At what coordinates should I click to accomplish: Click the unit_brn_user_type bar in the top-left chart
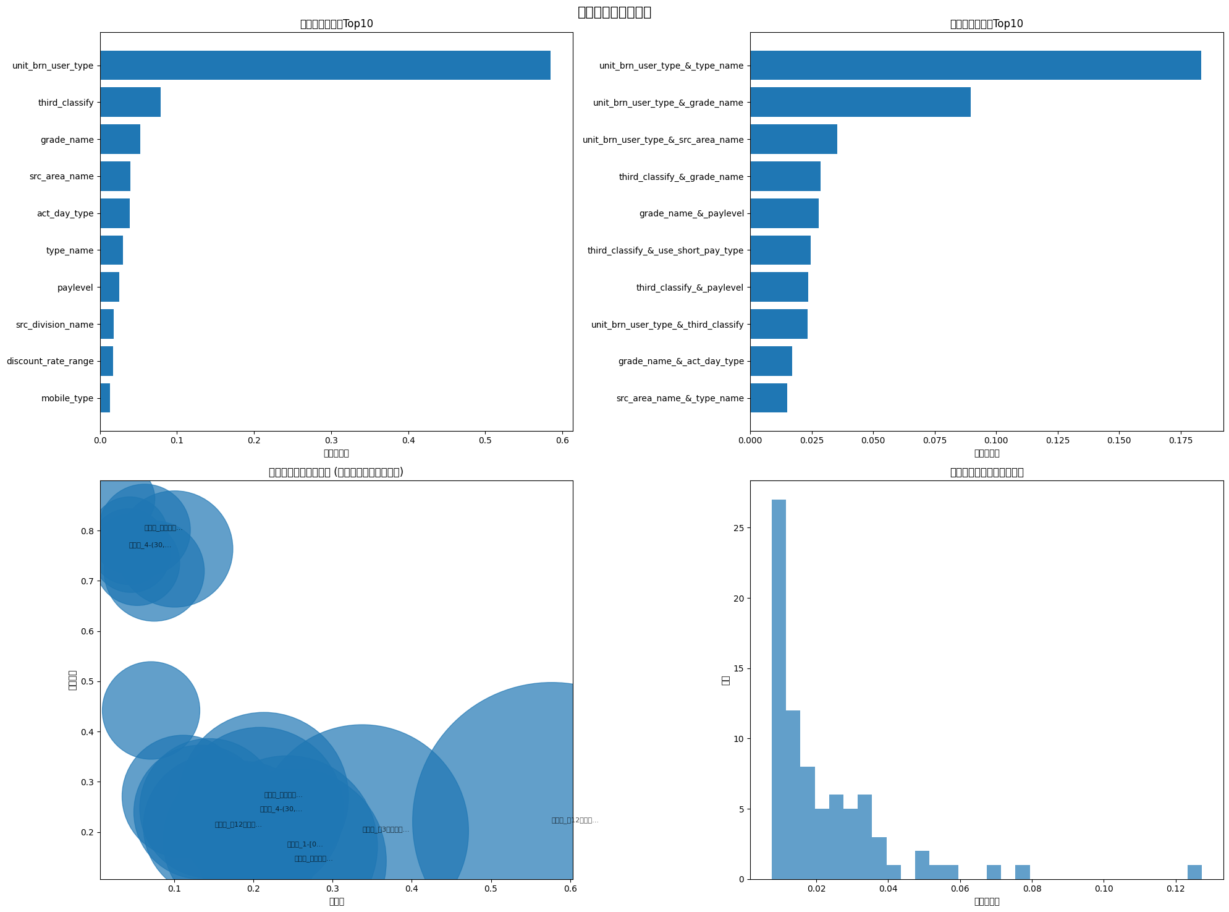click(325, 66)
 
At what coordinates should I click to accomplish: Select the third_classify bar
click(130, 102)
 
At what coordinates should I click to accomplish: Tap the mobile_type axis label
click(67, 399)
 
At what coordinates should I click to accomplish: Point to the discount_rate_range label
click(50, 362)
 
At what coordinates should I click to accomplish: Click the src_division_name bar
click(107, 324)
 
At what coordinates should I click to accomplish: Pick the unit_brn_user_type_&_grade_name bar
click(860, 102)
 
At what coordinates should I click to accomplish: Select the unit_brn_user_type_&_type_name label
click(671, 66)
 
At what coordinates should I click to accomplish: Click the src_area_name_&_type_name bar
click(769, 398)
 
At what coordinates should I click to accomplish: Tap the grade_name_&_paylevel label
click(691, 214)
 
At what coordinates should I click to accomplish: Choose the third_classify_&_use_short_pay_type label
click(665, 250)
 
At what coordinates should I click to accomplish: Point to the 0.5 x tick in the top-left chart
click(485, 440)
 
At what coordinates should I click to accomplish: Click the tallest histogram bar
click(779, 689)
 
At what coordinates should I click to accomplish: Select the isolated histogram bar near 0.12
click(1194, 872)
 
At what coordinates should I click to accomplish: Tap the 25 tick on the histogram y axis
click(738, 528)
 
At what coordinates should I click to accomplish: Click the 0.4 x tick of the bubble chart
click(412, 889)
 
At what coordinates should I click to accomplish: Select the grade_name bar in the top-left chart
click(120, 139)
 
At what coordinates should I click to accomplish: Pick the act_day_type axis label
click(65, 214)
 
